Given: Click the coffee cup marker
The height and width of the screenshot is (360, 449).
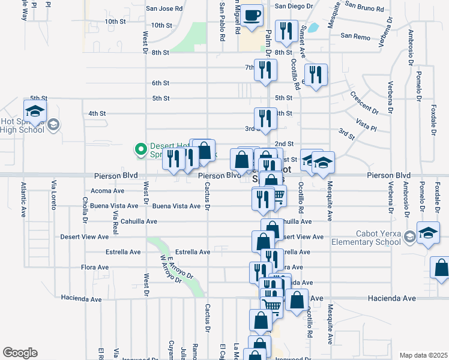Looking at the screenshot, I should [x=252, y=14].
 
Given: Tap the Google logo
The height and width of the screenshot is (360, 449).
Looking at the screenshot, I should [x=20, y=353].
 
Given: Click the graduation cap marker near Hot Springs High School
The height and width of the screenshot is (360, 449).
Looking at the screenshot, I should [x=35, y=112].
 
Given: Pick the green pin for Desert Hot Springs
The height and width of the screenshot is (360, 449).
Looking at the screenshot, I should [x=140, y=149].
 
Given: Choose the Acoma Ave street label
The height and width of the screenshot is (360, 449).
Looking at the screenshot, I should [x=107, y=191].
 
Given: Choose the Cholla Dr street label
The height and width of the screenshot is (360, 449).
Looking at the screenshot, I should [x=86, y=209].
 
